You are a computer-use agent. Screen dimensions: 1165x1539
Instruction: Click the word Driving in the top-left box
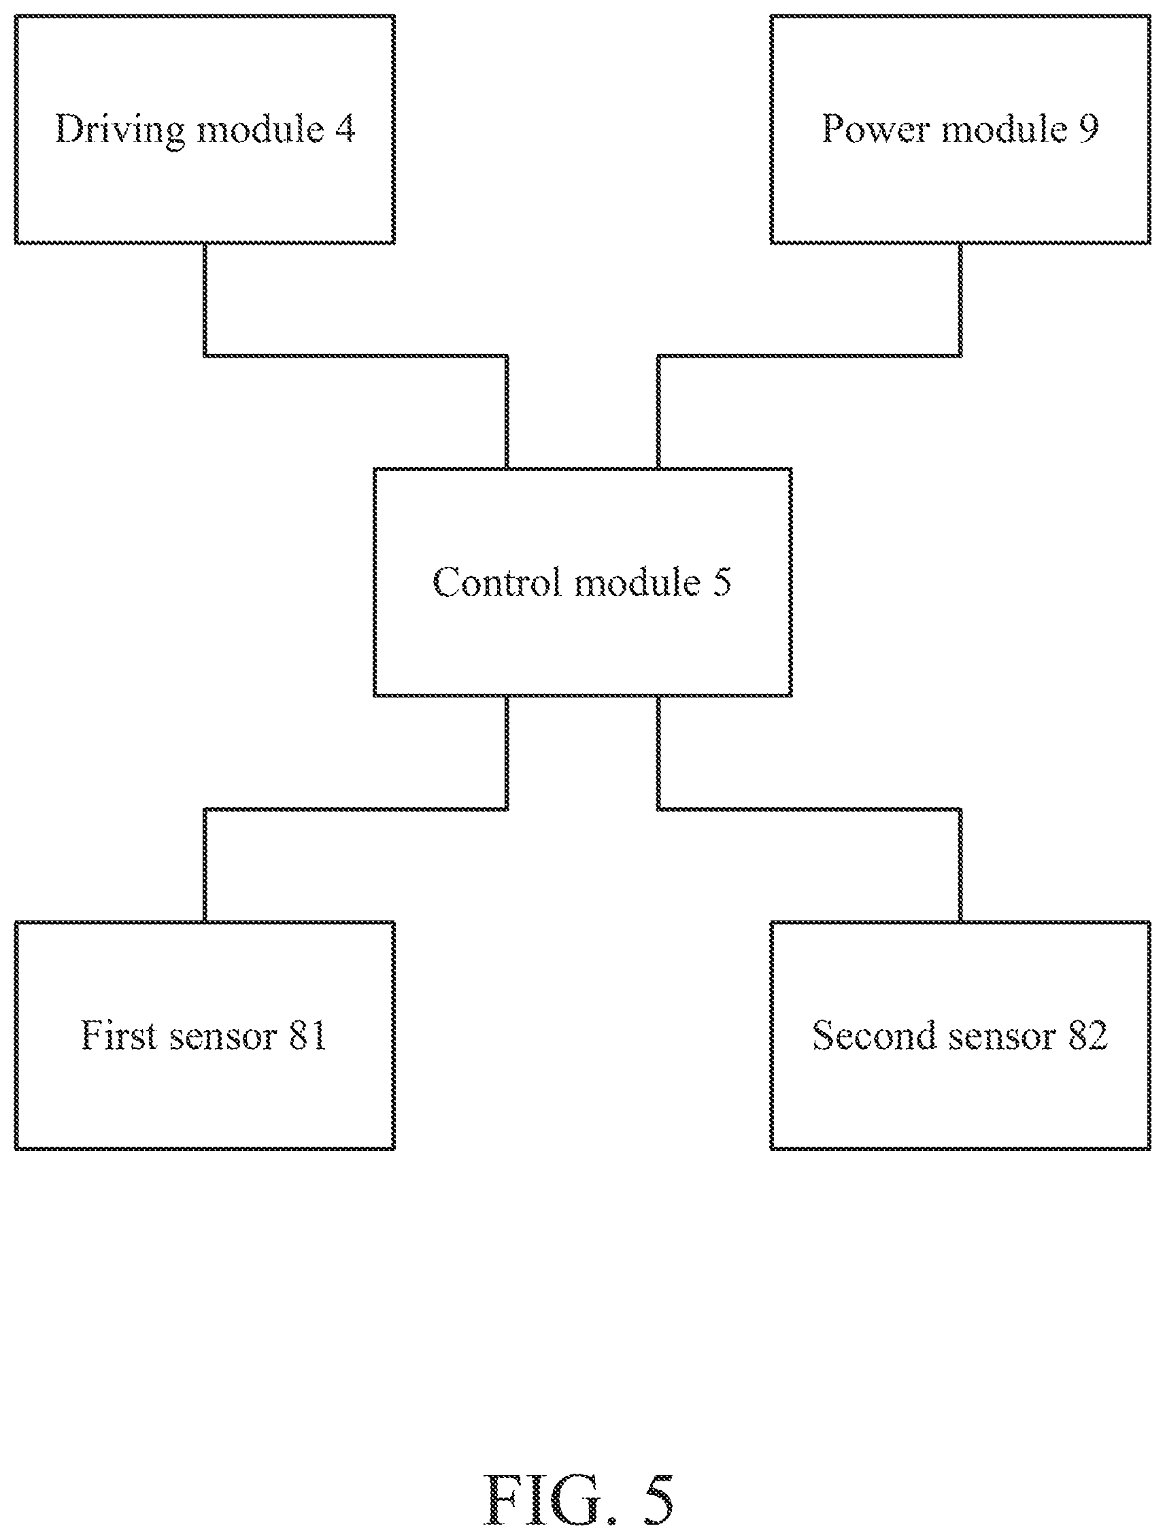pyautogui.click(x=120, y=130)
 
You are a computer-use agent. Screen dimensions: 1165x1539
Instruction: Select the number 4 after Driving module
pyautogui.click(x=345, y=128)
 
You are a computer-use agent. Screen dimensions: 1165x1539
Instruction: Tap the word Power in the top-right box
pyautogui.click(x=875, y=128)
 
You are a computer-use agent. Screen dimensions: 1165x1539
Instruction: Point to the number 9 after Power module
pyautogui.click(x=1088, y=128)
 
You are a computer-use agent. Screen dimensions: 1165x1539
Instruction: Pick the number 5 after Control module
pyautogui.click(x=722, y=583)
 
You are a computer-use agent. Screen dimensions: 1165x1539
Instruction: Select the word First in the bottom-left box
pyautogui.click(x=119, y=1035)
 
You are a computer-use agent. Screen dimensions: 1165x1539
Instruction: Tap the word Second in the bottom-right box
pyautogui.click(x=873, y=1035)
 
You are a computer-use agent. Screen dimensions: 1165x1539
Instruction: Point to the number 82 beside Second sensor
pyautogui.click(x=1087, y=1036)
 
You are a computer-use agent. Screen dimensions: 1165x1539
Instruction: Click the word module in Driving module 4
pyautogui.click(x=260, y=128)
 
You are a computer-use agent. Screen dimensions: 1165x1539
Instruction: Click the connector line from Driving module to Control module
pyautogui.click(x=356, y=356)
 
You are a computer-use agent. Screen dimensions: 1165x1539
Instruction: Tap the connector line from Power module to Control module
pyautogui.click(x=809, y=356)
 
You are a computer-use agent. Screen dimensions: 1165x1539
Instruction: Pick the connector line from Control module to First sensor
pyautogui.click(x=356, y=809)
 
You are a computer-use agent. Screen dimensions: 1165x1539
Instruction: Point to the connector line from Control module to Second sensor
pyautogui.click(x=809, y=809)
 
